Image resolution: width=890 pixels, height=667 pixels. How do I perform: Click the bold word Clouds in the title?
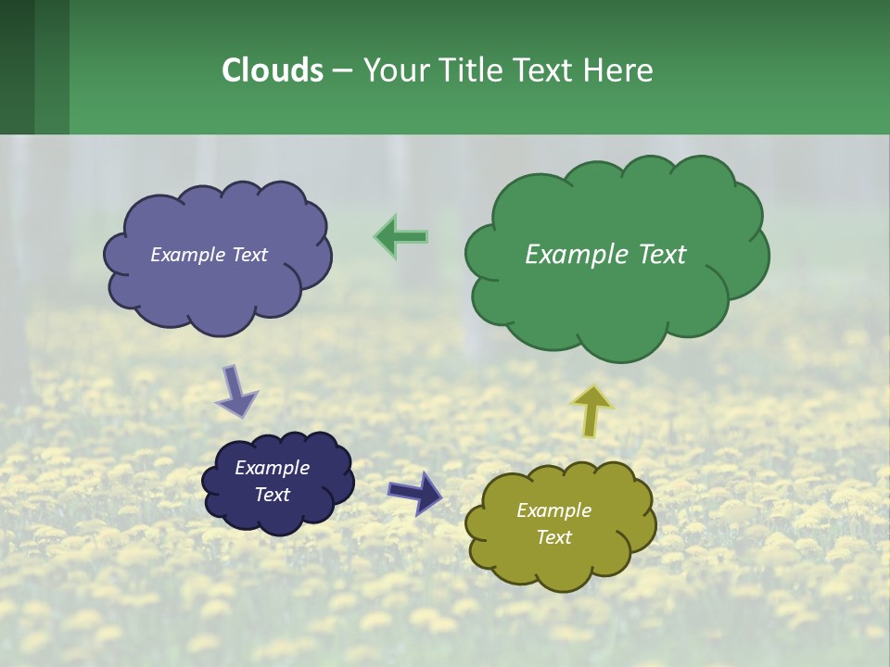(272, 70)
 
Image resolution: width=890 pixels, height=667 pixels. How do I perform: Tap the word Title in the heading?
(472, 70)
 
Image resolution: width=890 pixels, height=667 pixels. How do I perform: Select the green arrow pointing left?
(400, 237)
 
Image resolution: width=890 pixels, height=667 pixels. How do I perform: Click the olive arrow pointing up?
(591, 410)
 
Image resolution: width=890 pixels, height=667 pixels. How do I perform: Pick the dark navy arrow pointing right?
(415, 492)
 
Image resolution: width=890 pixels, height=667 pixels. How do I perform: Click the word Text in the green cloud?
(661, 255)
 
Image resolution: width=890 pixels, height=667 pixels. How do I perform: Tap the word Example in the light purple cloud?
(188, 255)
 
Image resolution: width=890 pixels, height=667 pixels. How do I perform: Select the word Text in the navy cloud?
(272, 495)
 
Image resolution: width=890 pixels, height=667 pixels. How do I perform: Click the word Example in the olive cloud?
(553, 510)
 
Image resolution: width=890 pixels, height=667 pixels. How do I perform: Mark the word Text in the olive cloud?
(553, 537)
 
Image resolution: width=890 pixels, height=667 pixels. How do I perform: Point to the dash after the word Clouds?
(342, 70)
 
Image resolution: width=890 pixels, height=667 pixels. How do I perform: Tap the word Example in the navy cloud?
(272, 468)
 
